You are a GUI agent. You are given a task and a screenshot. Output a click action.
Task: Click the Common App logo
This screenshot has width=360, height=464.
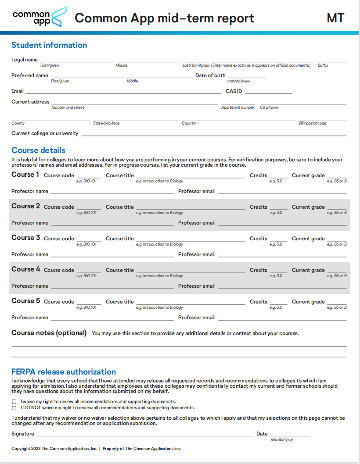click(x=40, y=17)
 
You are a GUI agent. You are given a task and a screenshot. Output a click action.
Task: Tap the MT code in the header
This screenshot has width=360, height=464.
click(x=335, y=18)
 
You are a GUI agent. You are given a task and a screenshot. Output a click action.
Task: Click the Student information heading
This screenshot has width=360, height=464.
click(x=49, y=45)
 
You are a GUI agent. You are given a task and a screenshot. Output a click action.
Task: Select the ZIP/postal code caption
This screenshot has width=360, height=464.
click(x=312, y=123)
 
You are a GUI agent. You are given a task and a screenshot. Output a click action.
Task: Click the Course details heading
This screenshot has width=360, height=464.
click(x=38, y=150)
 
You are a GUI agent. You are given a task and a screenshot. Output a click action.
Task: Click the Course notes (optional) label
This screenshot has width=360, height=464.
click(x=49, y=333)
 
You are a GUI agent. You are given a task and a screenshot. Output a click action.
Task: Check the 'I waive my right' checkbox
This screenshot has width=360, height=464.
click(x=14, y=402)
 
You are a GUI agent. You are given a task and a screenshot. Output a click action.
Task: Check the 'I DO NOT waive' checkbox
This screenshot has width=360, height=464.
click(x=14, y=408)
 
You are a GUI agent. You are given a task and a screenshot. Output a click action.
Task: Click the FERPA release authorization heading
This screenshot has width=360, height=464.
click(x=64, y=372)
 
